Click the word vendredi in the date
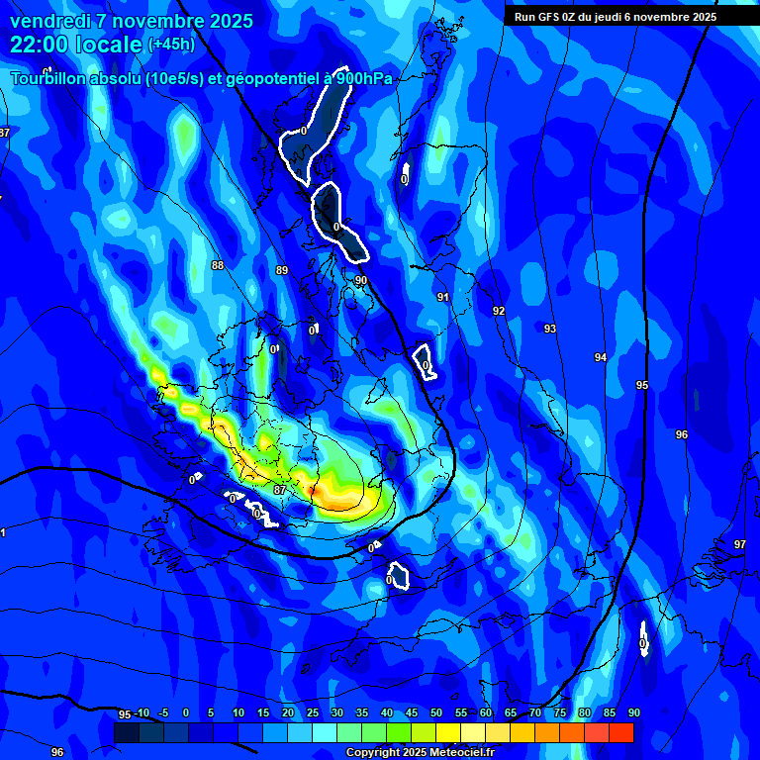click(50, 21)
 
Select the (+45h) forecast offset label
click(171, 45)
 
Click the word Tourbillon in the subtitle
click(49, 79)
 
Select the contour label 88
click(218, 265)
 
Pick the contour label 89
click(282, 270)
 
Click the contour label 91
click(443, 297)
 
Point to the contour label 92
click(499, 311)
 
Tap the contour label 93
click(549, 329)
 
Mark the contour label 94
click(601, 357)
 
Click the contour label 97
click(740, 544)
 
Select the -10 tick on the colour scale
click(142, 713)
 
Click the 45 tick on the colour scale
click(412, 713)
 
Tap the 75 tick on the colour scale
click(560, 713)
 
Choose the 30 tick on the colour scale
click(337, 713)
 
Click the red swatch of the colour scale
click(620, 732)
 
